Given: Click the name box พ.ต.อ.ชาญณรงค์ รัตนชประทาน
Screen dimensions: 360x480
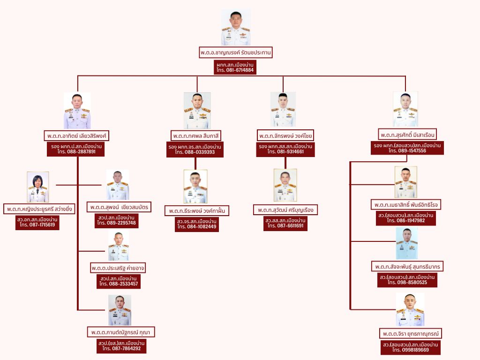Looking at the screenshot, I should click(x=236, y=52).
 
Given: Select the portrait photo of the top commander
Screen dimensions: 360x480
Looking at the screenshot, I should click(x=236, y=27).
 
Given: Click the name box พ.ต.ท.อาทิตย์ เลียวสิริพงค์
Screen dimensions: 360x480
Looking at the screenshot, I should click(x=77, y=135).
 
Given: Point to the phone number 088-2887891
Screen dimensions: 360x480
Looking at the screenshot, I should click(x=77, y=152).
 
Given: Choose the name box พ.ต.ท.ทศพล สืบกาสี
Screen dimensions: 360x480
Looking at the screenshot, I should click(x=196, y=135).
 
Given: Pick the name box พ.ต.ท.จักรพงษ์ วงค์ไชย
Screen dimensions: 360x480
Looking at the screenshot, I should click(x=285, y=135).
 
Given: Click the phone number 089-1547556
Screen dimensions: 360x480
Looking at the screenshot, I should click(x=407, y=151).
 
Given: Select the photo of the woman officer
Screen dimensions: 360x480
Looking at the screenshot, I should click(x=38, y=187).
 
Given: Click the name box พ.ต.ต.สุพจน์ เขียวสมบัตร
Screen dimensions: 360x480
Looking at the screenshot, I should click(x=119, y=207).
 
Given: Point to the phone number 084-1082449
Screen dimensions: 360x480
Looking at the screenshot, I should click(x=197, y=227).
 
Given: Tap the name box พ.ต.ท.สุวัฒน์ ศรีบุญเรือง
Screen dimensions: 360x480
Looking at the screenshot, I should click(x=285, y=209).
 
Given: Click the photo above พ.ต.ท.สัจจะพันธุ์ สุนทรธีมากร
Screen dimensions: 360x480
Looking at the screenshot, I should click(x=406, y=244).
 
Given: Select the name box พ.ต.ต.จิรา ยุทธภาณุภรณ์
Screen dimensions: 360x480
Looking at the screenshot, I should click(x=411, y=333).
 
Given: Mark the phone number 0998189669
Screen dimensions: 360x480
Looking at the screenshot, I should click(x=411, y=350).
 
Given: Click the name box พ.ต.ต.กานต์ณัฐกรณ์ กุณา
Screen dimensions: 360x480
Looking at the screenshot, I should click(x=121, y=332).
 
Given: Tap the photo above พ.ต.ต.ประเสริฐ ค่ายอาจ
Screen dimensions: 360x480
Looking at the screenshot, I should click(x=119, y=246).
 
